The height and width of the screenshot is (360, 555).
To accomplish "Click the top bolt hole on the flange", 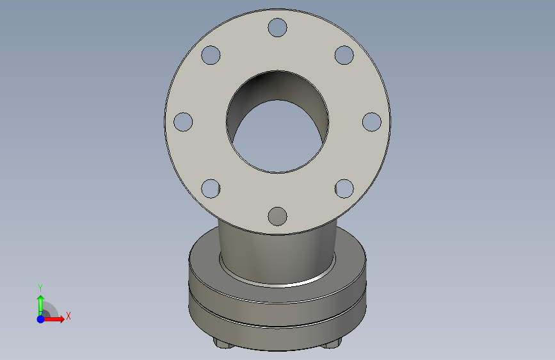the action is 277,28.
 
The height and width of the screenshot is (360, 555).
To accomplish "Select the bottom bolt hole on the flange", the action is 277,216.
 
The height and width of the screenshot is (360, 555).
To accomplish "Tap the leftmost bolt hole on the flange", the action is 183,122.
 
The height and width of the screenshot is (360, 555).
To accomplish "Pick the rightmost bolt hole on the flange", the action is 372,122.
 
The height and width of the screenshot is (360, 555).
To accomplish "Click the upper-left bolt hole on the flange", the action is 211,55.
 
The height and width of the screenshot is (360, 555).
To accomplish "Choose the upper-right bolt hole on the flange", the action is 344,55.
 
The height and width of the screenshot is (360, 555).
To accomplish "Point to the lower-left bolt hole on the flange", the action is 211,188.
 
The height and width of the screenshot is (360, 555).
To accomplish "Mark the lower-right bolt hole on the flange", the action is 344,188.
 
